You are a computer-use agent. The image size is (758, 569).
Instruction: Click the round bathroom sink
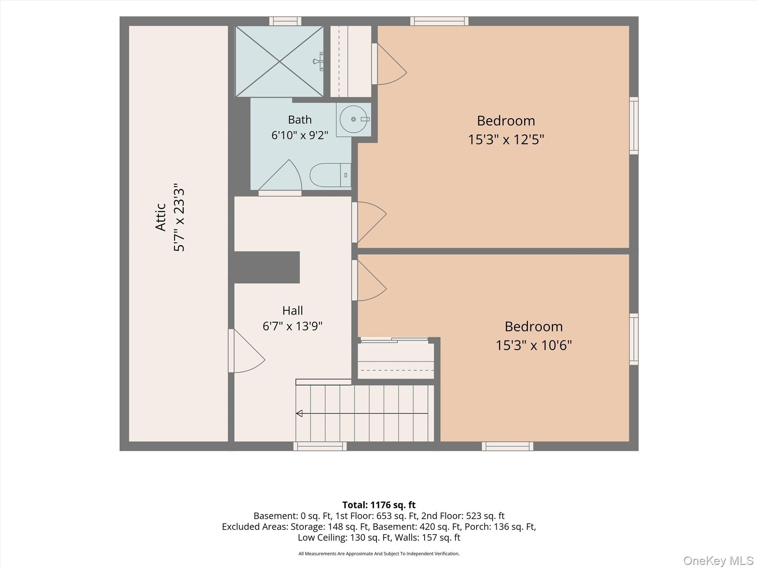353,119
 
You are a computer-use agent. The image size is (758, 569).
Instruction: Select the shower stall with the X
279,61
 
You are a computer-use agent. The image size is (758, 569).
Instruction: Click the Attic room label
161,217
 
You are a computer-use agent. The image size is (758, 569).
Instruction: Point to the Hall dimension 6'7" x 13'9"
292,326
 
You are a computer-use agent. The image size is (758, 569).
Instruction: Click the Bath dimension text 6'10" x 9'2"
300,135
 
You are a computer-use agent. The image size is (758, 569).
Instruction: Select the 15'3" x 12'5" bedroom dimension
506,140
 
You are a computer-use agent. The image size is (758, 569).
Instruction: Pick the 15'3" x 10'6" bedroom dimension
534,345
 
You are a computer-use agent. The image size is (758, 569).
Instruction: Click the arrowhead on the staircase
299,413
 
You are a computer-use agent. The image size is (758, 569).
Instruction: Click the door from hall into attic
246,351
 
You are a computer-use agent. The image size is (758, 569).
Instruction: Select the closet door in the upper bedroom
389,64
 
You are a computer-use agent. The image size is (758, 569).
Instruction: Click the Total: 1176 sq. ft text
379,505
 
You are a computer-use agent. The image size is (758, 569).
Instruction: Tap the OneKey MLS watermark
718,560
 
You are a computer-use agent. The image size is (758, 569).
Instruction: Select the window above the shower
285,21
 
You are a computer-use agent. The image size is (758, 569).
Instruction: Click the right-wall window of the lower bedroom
634,339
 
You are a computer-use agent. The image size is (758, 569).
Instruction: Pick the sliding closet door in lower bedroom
395,340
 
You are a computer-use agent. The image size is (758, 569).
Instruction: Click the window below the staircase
320,446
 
